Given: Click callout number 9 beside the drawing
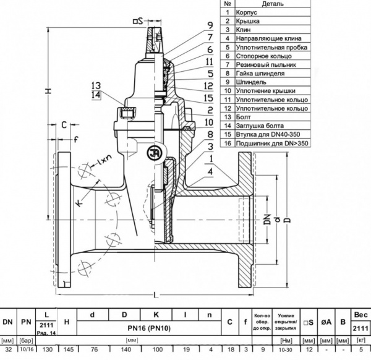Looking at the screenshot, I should point(210,24).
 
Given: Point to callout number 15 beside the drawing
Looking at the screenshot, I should point(210,98).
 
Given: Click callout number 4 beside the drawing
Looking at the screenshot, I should point(210,170).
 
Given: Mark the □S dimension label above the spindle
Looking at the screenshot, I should point(137,21).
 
